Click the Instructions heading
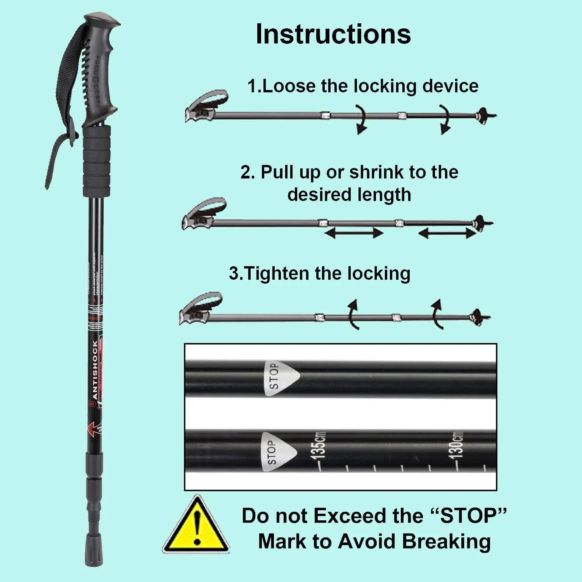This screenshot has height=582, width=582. tap(333, 34)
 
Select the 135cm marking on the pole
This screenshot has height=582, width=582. tap(319, 446)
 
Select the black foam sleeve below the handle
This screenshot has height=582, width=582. tap(97, 161)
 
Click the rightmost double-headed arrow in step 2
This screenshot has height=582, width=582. tap(447, 233)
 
